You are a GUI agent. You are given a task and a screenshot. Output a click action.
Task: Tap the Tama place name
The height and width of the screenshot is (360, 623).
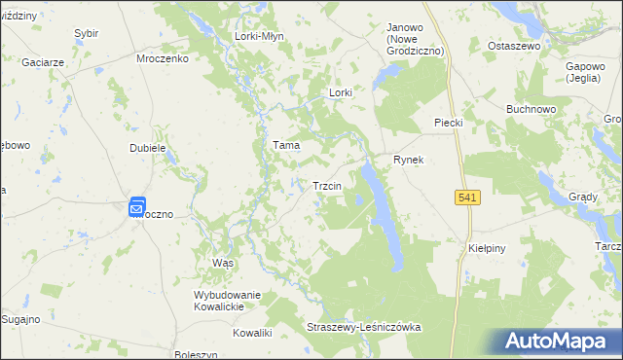pos(285,145)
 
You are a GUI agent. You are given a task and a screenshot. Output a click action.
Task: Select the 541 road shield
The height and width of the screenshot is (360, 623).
pos(467,198)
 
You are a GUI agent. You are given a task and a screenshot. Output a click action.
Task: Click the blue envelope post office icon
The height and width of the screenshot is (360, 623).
pos(137,205)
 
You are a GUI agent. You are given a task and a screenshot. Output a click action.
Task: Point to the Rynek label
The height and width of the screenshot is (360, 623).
pos(409,159)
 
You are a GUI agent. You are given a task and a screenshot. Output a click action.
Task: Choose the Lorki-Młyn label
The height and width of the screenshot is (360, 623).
pos(258,36)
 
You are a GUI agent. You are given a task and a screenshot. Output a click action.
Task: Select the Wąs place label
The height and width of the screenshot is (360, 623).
pos(223,264)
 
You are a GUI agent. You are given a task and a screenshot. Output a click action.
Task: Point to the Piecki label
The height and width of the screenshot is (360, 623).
pos(447,123)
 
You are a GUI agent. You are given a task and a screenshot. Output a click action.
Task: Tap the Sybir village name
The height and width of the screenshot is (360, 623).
pos(86,33)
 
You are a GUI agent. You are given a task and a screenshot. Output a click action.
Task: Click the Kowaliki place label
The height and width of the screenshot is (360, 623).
pos(252,333)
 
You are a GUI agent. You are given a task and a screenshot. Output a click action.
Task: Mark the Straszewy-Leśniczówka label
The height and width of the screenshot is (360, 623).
pos(363,327)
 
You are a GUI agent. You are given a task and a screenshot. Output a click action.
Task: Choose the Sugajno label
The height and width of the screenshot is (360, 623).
pos(19,318)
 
